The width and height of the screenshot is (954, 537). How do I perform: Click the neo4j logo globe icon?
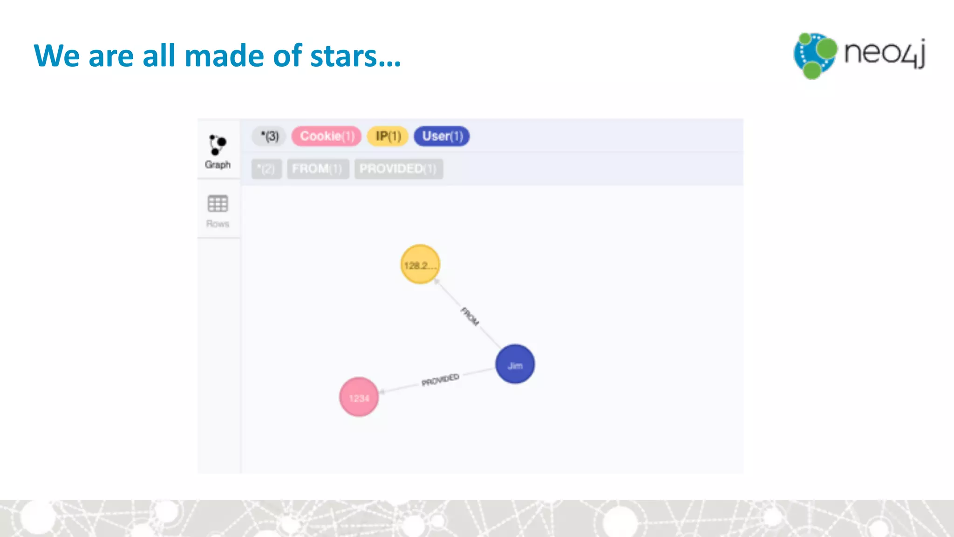815,55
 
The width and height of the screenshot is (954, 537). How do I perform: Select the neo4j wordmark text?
884,53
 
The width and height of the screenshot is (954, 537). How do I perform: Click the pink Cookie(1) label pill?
327,136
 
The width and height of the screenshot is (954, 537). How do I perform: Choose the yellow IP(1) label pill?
388,136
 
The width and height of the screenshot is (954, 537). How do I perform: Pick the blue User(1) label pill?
442,136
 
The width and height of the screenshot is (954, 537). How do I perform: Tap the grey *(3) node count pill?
269,136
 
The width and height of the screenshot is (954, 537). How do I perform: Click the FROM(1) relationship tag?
317,169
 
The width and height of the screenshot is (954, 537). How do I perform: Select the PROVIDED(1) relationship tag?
398,169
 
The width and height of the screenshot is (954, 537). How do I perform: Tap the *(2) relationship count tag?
266,169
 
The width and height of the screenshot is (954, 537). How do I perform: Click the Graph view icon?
218,145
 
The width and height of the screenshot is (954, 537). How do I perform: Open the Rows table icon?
218,204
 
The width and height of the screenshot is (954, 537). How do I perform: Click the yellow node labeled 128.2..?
420,264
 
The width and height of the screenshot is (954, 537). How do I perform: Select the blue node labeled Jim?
515,364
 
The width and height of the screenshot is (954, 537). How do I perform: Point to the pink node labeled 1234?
359,397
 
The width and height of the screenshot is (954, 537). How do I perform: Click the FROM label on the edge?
470,317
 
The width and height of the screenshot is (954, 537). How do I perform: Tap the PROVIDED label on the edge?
440,380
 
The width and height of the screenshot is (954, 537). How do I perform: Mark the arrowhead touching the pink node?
382,392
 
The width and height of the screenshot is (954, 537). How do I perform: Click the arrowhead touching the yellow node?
436,281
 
